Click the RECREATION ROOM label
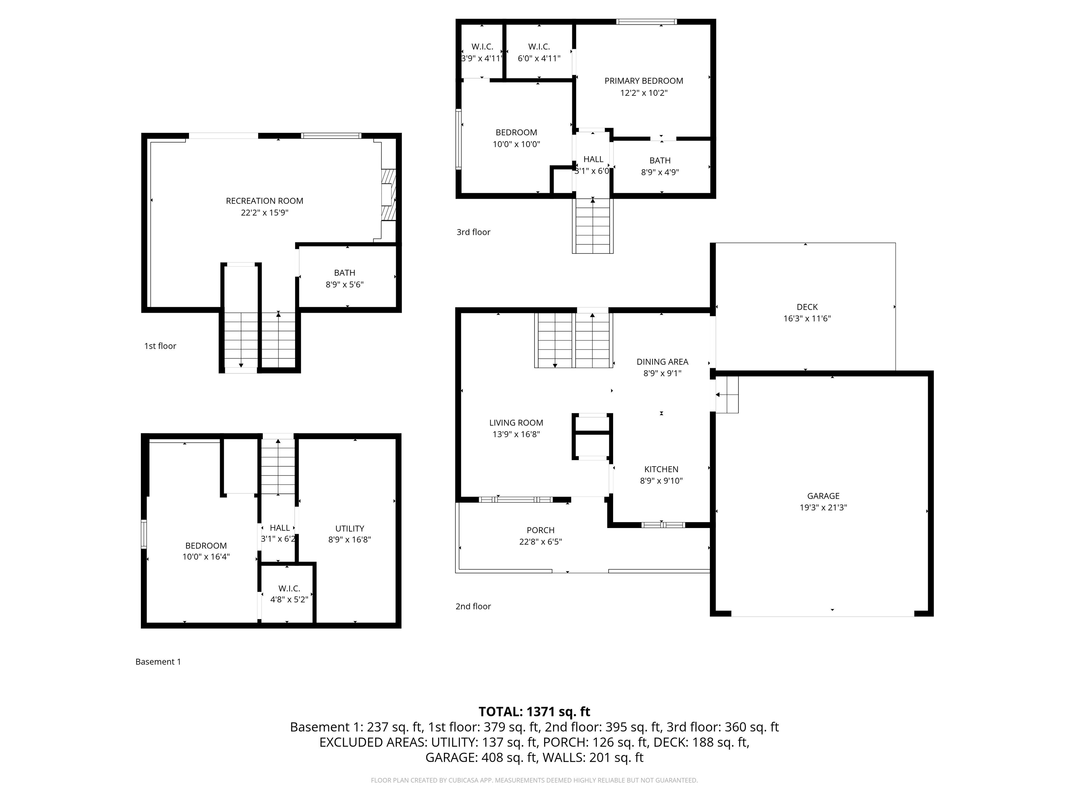[x=264, y=200]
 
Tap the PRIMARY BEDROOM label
[x=644, y=81]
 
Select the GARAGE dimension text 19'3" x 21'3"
[x=823, y=507]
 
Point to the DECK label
[x=807, y=307]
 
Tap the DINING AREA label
[x=662, y=362]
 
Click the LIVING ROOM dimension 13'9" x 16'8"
[x=516, y=434]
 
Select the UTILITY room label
[x=349, y=528]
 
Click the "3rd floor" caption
[x=473, y=232]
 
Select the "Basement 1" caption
[x=158, y=662]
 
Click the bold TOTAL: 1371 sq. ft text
[x=534, y=711]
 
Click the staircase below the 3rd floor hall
[x=593, y=226]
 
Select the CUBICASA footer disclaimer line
[x=534, y=780]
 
